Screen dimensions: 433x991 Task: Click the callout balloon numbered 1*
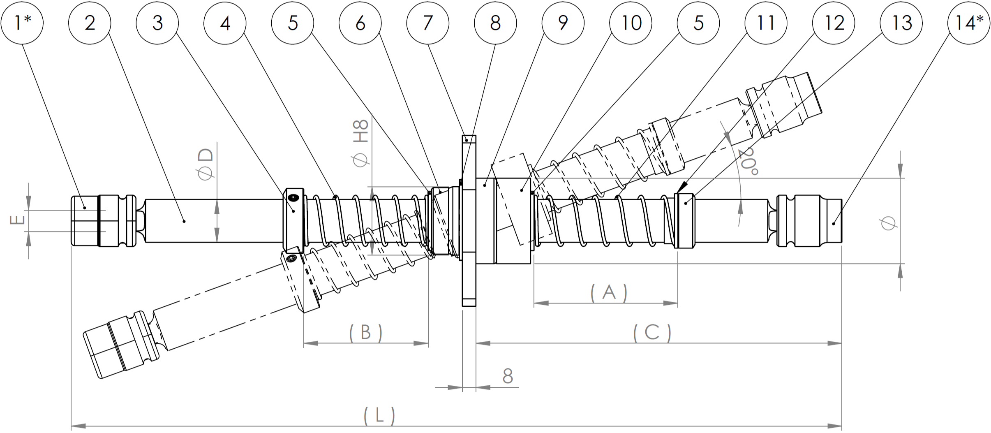pos(22,23)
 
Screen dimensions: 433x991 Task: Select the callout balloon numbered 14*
pos(969,23)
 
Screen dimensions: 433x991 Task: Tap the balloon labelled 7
pos(427,23)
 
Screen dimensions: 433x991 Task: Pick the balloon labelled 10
pos(631,23)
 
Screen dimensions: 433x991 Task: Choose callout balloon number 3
pos(157,23)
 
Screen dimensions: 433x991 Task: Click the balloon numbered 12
pos(834,23)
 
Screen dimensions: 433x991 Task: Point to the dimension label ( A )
pos(609,292)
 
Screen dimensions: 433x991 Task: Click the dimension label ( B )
pos(365,332)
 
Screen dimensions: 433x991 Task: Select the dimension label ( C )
pos(652,332)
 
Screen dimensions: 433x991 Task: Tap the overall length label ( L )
pos(379,416)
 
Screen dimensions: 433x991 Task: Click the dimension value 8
pos(508,376)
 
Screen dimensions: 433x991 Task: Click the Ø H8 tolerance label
pos(361,144)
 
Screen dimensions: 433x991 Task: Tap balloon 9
pos(563,23)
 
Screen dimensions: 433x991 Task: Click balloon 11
pos(766,23)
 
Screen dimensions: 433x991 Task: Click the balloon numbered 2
pos(90,23)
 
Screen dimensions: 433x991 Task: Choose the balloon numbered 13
pos(901,23)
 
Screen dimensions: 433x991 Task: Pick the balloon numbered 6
pos(360,23)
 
